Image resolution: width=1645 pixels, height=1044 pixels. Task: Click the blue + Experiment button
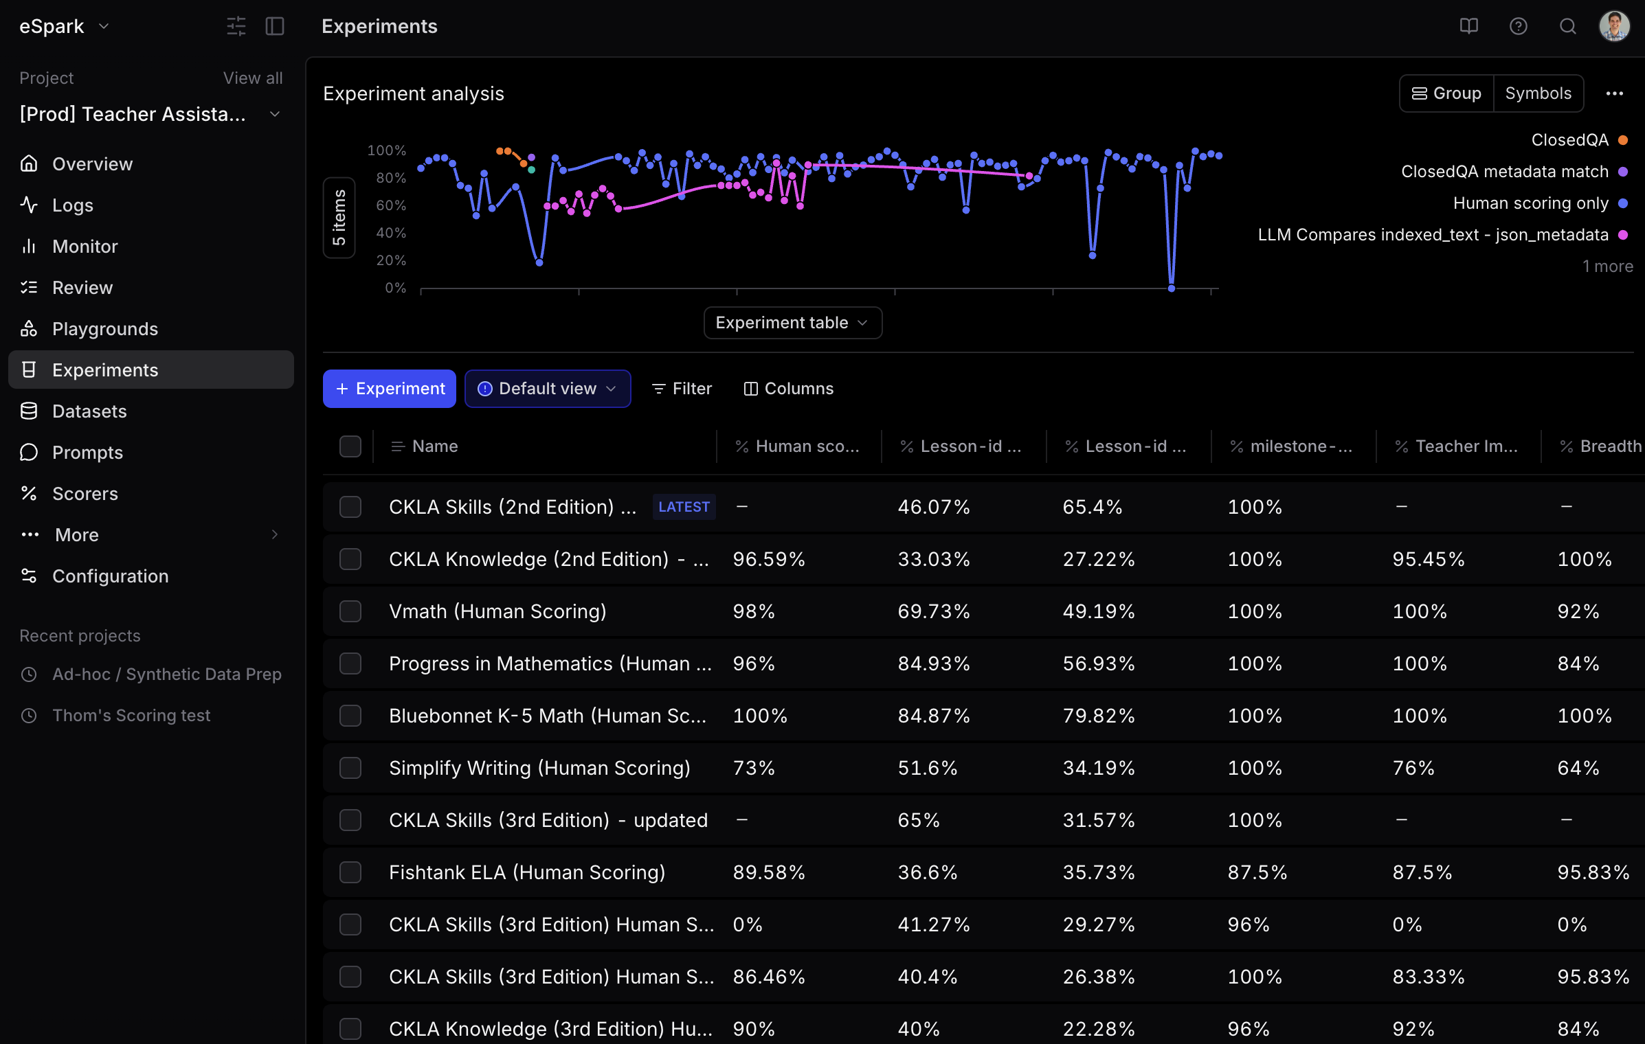[x=389, y=389]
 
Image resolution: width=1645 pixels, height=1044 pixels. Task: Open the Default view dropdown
[x=547, y=389]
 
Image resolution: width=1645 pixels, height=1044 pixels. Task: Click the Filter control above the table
[x=682, y=389]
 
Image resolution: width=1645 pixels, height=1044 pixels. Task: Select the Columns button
[x=789, y=389]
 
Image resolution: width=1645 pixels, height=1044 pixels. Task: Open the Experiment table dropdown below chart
[x=792, y=323]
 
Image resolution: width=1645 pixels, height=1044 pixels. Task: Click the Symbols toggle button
[x=1538, y=93]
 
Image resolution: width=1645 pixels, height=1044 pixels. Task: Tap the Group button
[x=1446, y=93]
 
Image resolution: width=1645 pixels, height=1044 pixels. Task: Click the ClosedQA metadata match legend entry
[x=1504, y=172]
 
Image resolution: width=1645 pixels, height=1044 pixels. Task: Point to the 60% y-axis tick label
[x=391, y=205]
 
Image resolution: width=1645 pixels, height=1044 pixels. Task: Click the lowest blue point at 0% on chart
[x=1172, y=288]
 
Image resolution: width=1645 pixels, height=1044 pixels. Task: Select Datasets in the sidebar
[x=89, y=411]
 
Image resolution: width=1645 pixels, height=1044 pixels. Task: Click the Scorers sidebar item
[x=85, y=494]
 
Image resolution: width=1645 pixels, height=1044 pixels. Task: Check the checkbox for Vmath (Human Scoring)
[x=350, y=611]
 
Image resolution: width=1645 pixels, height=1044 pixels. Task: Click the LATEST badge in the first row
[x=684, y=507]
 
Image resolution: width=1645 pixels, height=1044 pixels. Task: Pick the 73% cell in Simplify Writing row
[x=754, y=768]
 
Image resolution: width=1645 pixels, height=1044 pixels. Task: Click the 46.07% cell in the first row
[x=934, y=507]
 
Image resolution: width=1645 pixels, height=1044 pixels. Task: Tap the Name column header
[x=435, y=446]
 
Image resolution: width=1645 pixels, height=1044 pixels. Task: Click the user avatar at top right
[x=1614, y=26]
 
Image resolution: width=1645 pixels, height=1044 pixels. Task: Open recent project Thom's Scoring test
[x=131, y=716]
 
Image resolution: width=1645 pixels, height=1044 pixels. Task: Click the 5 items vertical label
[x=339, y=218]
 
